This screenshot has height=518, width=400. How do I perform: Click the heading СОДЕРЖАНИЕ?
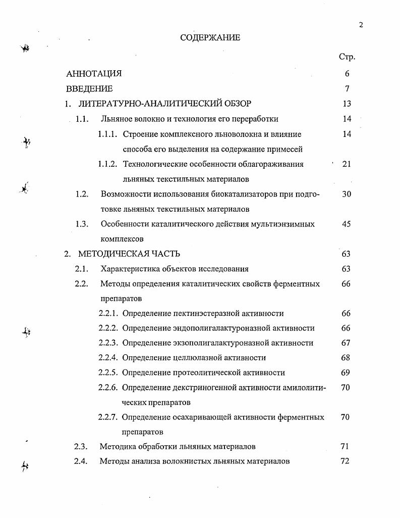[210, 38]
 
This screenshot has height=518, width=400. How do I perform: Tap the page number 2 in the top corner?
[361, 25]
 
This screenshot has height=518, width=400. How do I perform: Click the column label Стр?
[347, 57]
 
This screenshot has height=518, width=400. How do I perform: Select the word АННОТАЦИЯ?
[94, 74]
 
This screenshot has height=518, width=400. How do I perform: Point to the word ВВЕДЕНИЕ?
[89, 89]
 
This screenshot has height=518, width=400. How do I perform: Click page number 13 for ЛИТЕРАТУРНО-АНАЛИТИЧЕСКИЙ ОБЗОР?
[346, 104]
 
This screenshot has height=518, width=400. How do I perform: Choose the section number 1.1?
[82, 119]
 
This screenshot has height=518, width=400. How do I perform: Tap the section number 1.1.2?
[107, 164]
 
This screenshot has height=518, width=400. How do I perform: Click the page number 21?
[346, 164]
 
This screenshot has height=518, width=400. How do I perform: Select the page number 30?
[346, 194]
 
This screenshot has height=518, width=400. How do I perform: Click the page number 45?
[346, 224]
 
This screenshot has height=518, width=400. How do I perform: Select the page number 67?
[346, 343]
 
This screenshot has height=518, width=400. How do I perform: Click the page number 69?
[346, 373]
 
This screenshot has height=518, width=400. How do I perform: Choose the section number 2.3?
[81, 447]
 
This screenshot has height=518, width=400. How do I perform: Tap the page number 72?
[346, 461]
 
